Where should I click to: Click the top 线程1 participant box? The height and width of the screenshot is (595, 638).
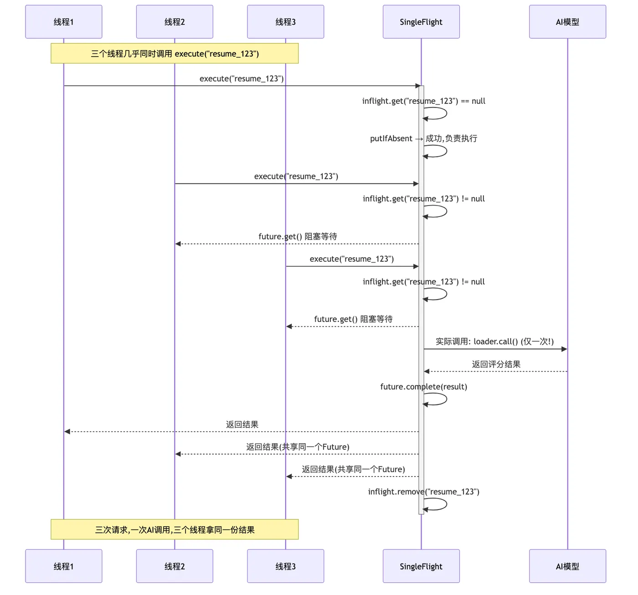coord(64,22)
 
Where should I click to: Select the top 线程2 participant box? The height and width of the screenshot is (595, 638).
coord(175,22)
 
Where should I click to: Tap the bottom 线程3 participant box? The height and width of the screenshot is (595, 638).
coord(285,566)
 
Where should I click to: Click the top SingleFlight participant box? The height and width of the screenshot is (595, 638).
coord(421,22)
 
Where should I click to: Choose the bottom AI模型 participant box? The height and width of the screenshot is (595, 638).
coord(567,566)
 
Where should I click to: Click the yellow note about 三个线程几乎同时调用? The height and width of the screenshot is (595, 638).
coord(175,53)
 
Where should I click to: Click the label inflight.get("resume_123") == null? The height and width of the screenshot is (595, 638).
coord(423,101)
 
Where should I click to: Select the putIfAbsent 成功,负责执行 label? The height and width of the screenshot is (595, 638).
coord(423,139)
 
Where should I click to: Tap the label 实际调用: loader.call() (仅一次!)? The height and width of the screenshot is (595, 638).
coord(494,341)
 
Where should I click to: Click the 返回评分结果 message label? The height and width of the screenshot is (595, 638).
coord(496,364)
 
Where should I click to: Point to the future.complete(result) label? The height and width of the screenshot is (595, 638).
coord(423,386)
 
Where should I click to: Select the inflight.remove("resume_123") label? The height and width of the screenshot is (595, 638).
coord(423,492)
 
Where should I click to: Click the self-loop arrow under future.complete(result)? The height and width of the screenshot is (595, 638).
coord(447,399)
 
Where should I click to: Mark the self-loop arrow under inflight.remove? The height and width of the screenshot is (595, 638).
coord(447,504)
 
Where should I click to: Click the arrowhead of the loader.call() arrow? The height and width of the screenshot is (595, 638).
coord(564,349)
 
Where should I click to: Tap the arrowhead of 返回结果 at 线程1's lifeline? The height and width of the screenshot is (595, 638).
coord(67,431)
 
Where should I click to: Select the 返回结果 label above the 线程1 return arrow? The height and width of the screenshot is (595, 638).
coord(242,424)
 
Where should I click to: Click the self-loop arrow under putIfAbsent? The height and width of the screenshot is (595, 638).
coord(447,151)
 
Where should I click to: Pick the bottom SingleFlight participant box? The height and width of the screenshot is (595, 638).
coord(421,566)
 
